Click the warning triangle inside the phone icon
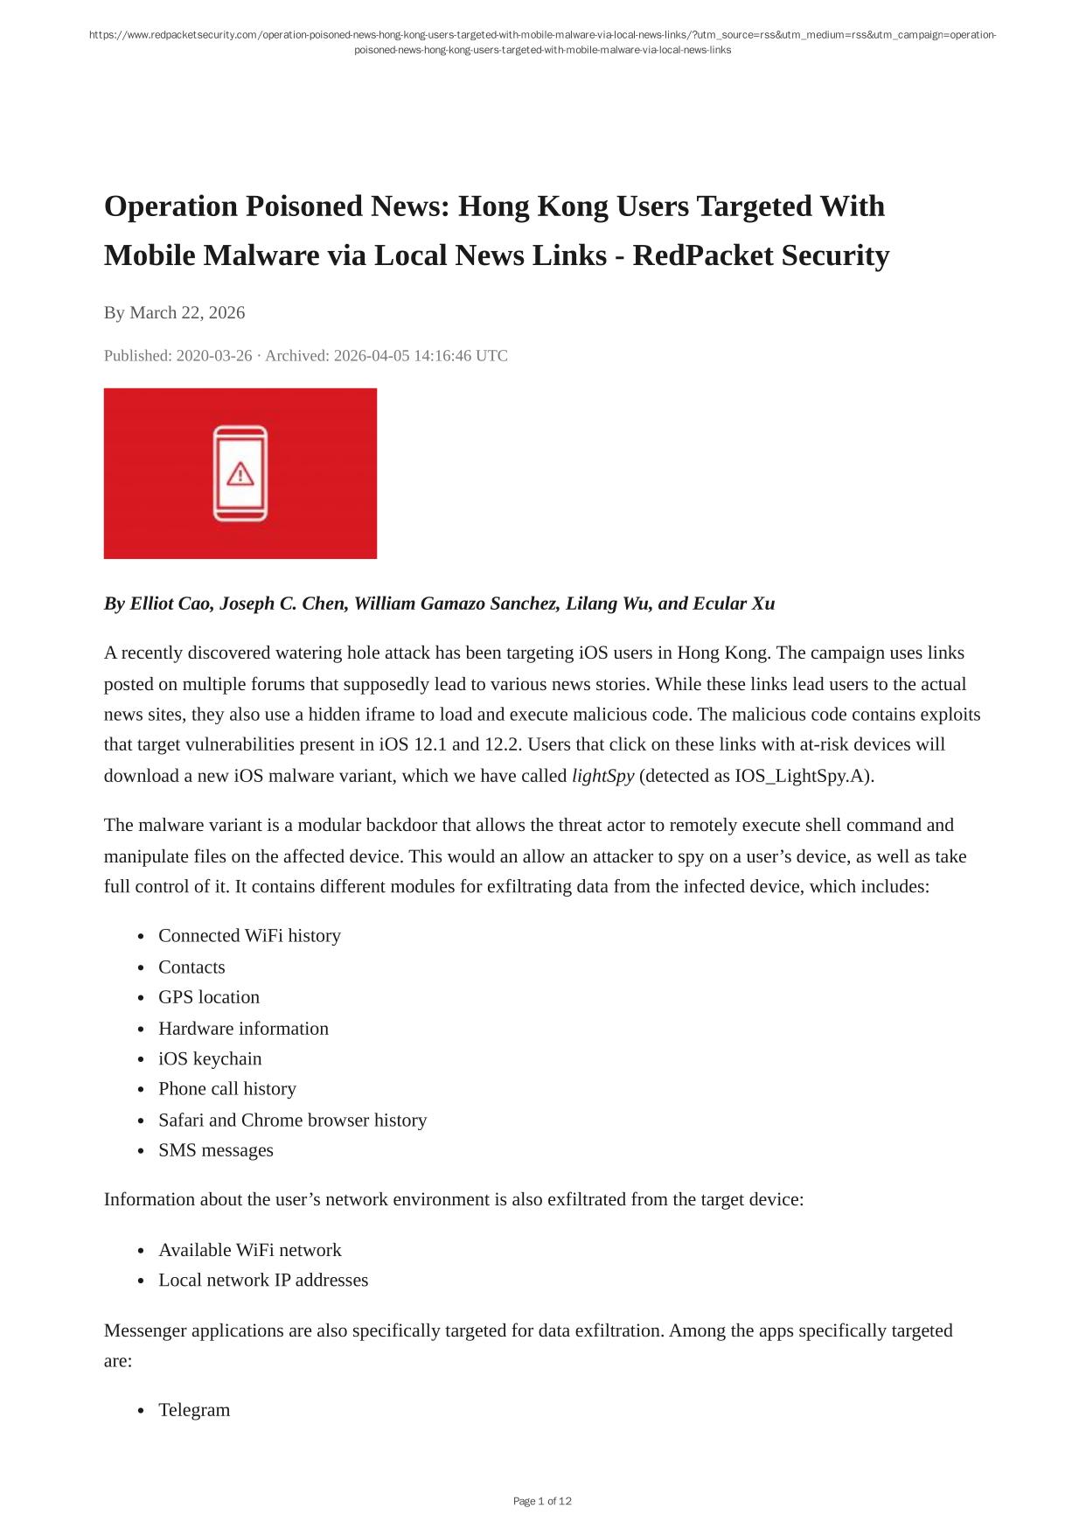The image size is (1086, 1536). pyautogui.click(x=240, y=474)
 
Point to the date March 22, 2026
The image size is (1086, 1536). pyautogui.click(x=187, y=312)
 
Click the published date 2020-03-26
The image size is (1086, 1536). pyautogui.click(x=214, y=355)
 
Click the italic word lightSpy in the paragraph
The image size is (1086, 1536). pyautogui.click(x=602, y=776)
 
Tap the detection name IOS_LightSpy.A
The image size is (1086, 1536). pyautogui.click(x=801, y=776)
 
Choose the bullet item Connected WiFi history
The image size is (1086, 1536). pyautogui.click(x=249, y=935)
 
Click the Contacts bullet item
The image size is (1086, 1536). pyautogui.click(x=191, y=967)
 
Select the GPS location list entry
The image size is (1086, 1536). pyautogui.click(x=209, y=997)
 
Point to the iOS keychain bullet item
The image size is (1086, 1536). pyautogui.click(x=210, y=1058)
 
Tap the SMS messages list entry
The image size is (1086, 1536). pyautogui.click(x=216, y=1150)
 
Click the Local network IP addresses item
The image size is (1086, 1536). pyautogui.click(x=263, y=1280)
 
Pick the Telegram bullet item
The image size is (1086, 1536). pyautogui.click(x=194, y=1410)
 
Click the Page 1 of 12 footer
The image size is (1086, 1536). pyautogui.click(x=542, y=1501)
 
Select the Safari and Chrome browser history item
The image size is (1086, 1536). pyautogui.click(x=292, y=1120)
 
